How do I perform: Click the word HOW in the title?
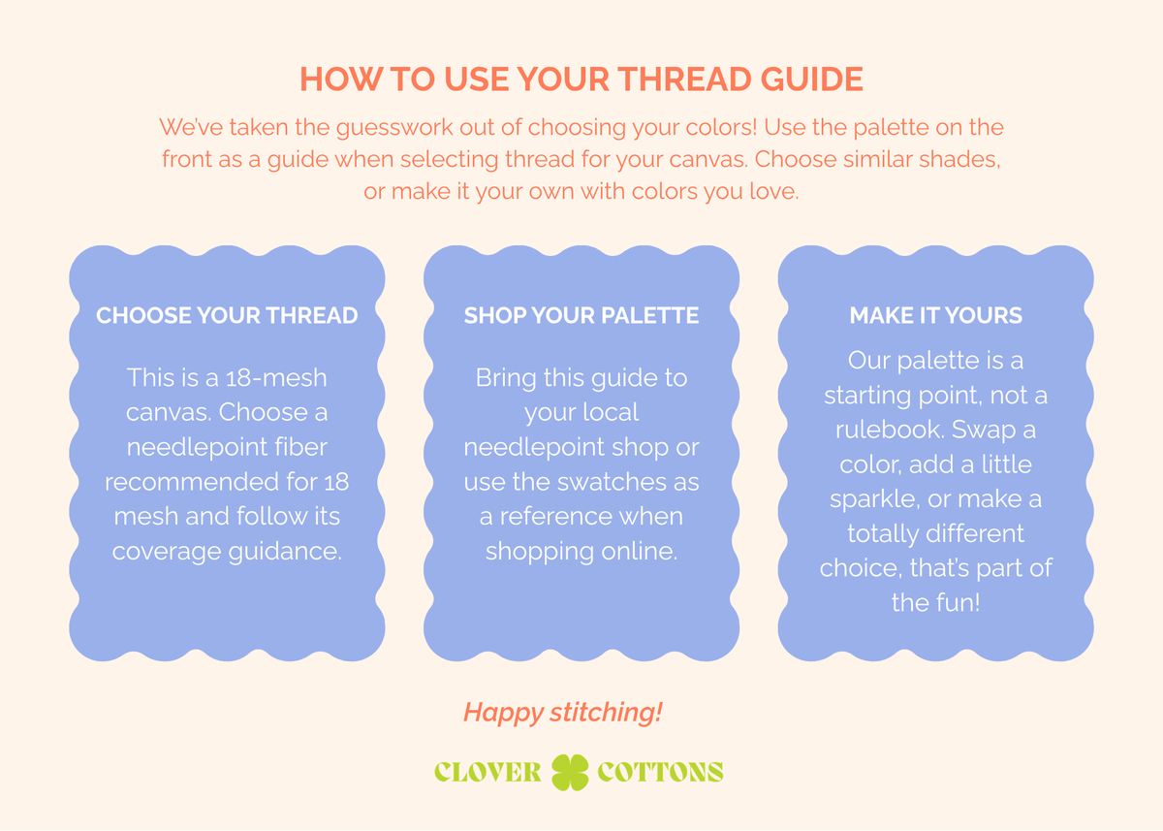340,80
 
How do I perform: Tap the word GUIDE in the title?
811,80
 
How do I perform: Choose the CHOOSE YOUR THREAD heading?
227,315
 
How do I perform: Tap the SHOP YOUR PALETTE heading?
581,315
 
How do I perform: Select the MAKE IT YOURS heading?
935,315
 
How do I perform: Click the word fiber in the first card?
301,447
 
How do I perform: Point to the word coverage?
167,552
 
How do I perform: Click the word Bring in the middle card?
506,378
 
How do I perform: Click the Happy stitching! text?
563,713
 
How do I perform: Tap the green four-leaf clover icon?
570,772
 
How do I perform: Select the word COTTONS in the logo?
660,772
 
